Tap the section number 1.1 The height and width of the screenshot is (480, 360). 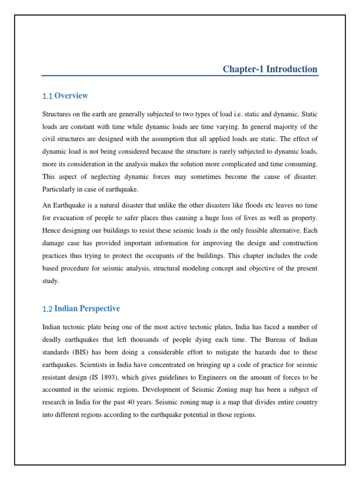click(x=47, y=96)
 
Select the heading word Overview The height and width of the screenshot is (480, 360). click(x=71, y=96)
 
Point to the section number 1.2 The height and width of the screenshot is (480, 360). click(x=47, y=309)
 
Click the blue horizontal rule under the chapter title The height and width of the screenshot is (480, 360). click(x=180, y=75)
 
